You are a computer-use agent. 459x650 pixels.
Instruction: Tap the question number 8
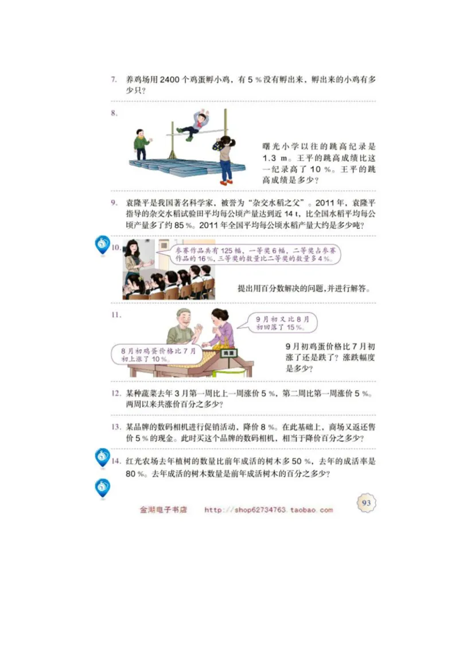coord(115,113)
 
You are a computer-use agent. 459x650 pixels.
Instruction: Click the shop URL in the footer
coord(268,509)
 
